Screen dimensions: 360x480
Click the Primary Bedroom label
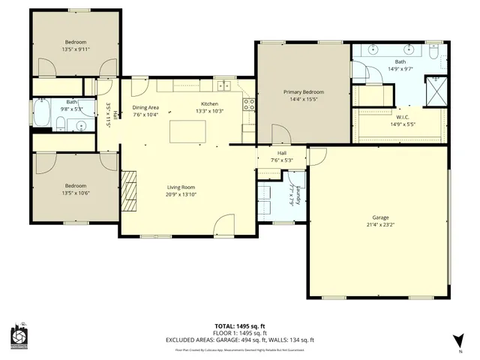coord(303,92)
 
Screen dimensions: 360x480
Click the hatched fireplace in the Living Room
coord(130,191)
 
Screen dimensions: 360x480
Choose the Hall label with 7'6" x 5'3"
coord(282,156)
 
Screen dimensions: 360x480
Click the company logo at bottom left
coord(20,337)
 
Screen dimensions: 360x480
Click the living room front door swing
coord(223,226)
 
